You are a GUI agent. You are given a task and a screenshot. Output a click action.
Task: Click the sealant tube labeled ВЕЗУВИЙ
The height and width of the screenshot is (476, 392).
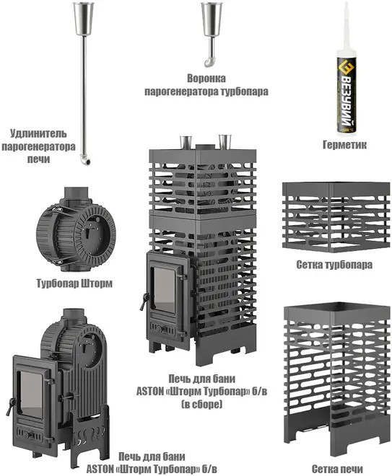tap(347, 91)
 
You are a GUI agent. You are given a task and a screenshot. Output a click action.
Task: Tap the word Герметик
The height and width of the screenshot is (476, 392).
tap(344, 145)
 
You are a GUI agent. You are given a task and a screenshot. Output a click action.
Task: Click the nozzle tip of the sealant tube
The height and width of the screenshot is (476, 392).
tap(346, 4)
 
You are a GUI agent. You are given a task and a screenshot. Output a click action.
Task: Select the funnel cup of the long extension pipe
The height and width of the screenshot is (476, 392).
tap(84, 18)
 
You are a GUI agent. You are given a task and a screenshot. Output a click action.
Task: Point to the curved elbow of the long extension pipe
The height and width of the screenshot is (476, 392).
tap(84, 159)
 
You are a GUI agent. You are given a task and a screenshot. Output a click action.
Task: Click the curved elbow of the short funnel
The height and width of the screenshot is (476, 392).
tap(209, 62)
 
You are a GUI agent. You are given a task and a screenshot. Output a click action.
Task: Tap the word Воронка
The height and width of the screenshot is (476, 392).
tap(206, 79)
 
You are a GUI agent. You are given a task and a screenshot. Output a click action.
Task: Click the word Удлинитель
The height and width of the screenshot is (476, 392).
tap(38, 133)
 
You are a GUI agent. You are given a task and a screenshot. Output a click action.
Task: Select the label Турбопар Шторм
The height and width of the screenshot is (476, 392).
tap(74, 283)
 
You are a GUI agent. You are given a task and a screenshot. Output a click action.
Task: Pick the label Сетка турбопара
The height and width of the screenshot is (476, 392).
tap(334, 265)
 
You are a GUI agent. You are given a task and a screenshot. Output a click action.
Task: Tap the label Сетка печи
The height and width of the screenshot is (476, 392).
tap(337, 469)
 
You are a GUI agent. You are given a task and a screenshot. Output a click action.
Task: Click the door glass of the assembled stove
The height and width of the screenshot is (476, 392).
tap(164, 290)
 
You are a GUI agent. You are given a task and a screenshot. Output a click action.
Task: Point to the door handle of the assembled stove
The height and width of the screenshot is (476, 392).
tap(144, 301)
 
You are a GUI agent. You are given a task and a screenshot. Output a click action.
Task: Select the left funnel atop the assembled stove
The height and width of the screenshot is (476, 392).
tap(186, 142)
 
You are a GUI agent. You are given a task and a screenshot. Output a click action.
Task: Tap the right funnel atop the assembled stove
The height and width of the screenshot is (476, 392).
tap(225, 142)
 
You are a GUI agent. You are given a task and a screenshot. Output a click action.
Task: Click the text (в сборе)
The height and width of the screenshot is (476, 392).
tap(201, 405)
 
